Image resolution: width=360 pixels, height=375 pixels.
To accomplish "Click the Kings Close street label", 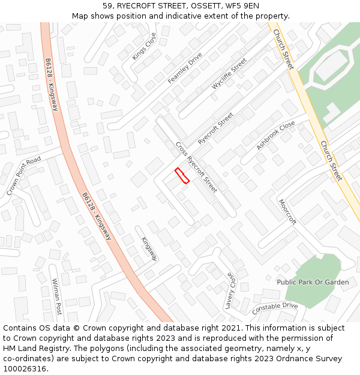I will click(x=144, y=46).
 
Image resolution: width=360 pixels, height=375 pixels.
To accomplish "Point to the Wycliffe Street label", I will click(x=229, y=74).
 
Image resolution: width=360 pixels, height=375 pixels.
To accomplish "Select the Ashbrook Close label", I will click(x=275, y=135).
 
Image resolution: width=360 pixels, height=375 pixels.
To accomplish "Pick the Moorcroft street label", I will click(x=288, y=212).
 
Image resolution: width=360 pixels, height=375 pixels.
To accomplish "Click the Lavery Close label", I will click(x=229, y=291).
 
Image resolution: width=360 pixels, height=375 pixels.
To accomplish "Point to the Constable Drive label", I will click(x=275, y=309).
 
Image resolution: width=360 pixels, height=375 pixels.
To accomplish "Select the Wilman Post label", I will click(x=57, y=296).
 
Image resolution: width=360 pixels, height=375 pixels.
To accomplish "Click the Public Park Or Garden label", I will click(x=313, y=282).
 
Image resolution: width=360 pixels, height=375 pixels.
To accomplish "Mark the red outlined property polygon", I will click(x=182, y=176).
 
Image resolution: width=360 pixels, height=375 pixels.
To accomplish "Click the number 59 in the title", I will click(x=108, y=5).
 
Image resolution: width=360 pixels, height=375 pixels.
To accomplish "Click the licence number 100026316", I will click(x=25, y=368).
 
